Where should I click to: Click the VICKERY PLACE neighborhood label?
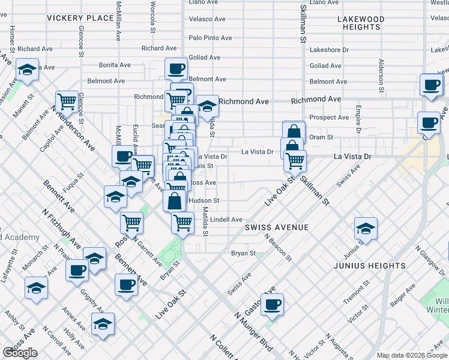pyautogui.click(x=80, y=18)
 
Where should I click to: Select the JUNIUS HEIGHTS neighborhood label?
pyautogui.click(x=372, y=266)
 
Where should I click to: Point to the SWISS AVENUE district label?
pyautogui.click(x=277, y=228)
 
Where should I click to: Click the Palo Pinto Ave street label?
pyautogui.click(x=210, y=38)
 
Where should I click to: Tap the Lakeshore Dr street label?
pyautogui.click(x=329, y=50)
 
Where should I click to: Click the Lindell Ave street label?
pyautogui.click(x=226, y=220)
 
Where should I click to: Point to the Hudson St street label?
pyautogui.click(x=204, y=201)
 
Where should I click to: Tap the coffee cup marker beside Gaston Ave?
pyautogui.click(x=272, y=304)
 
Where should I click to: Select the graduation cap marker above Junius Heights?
pyautogui.click(x=366, y=228)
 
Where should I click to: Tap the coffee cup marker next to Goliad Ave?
pyautogui.click(x=176, y=68)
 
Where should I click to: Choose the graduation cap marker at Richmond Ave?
pyautogui.click(x=207, y=106)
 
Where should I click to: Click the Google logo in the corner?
pyautogui.click(x=20, y=353)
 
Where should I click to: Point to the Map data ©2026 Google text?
pyautogui.click(x=411, y=355)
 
